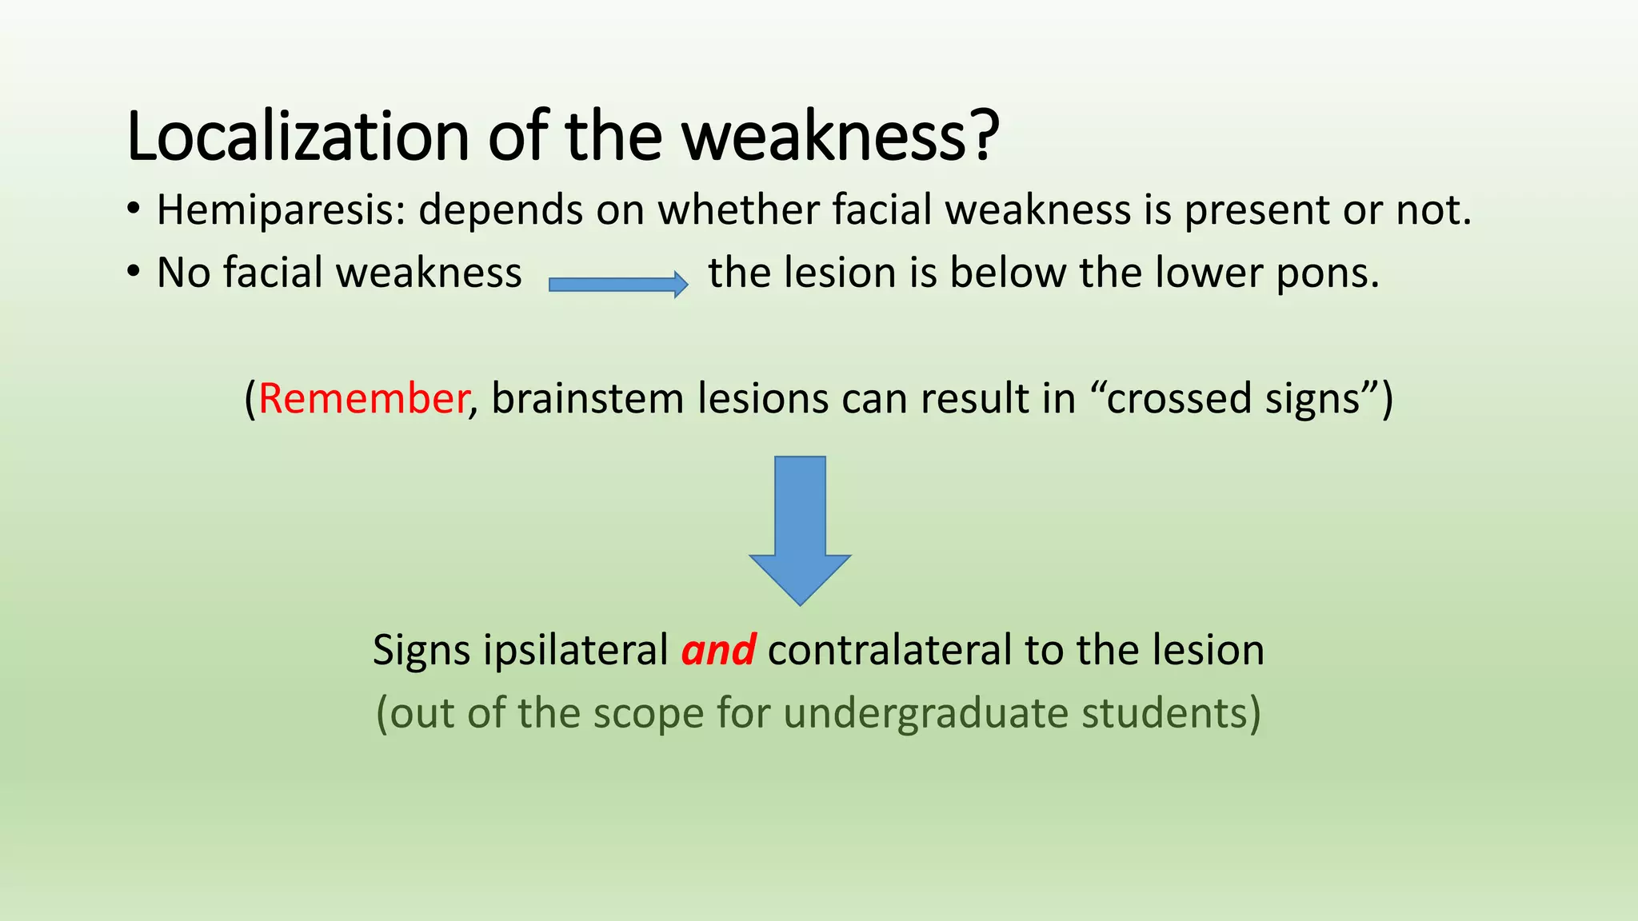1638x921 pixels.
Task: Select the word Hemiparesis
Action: [281, 210]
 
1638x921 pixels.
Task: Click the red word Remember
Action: [362, 398]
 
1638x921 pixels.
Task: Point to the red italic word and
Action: [718, 649]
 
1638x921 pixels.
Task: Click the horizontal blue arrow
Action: [617, 285]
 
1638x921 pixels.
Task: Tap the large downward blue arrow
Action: [800, 528]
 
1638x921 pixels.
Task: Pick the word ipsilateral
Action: [576, 649]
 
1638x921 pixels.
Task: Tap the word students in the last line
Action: [1170, 713]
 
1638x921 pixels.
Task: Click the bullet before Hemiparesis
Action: [134, 210]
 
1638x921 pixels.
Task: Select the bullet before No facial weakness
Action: [134, 273]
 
